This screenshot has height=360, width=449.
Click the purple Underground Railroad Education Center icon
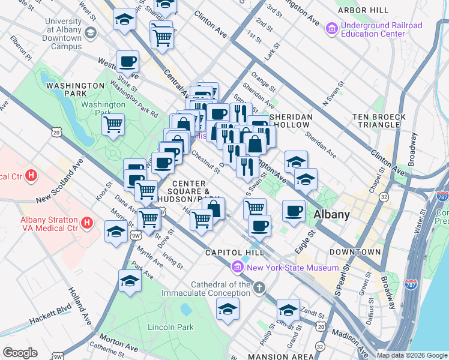tap(331, 28)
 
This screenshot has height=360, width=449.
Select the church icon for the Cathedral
tap(259, 288)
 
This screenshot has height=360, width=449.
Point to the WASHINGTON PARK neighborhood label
tap(75, 90)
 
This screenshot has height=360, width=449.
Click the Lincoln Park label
tap(171, 327)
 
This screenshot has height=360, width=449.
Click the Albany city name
tap(332, 214)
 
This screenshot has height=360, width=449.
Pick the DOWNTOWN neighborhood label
tap(354, 252)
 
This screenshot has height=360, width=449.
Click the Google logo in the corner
tap(20, 353)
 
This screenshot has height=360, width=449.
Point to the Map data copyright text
tap(412, 355)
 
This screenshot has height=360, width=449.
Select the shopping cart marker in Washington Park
tap(113, 125)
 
